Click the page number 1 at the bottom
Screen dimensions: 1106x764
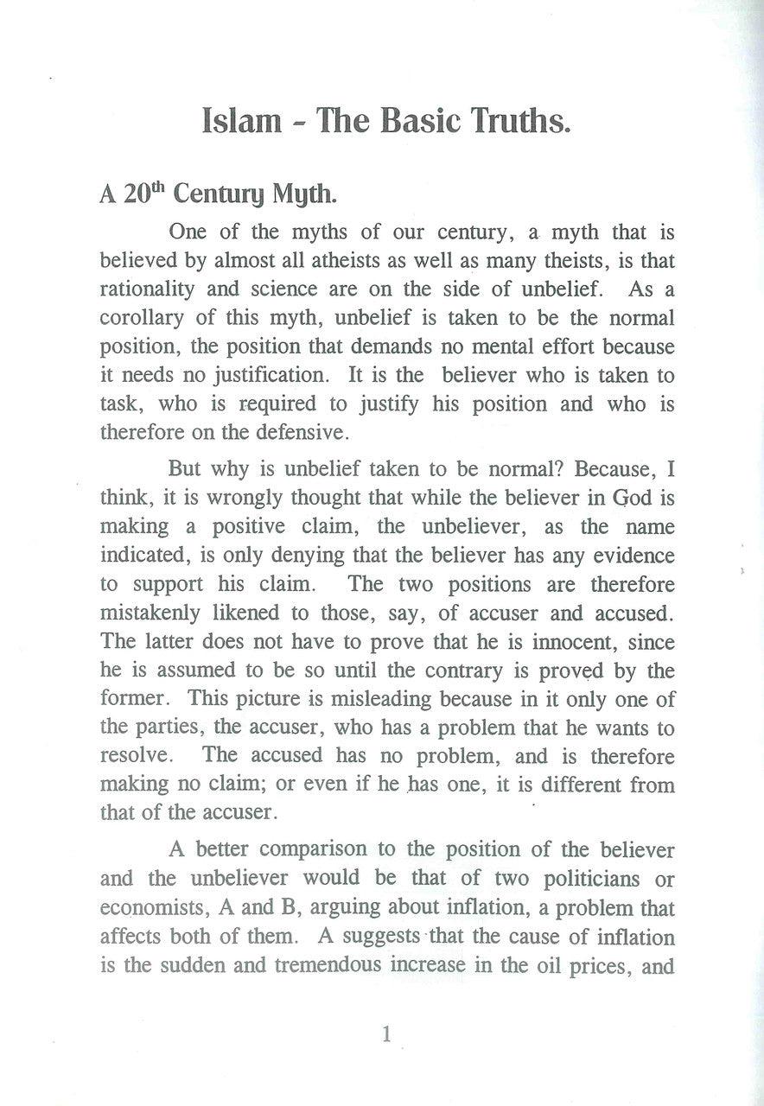(x=386, y=1033)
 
